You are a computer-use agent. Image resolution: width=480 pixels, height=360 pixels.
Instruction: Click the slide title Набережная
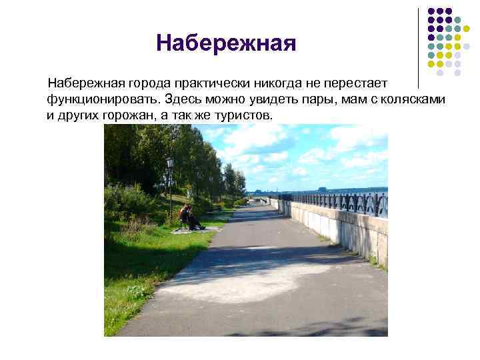[226, 44]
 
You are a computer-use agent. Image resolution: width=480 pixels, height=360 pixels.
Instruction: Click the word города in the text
[150, 84]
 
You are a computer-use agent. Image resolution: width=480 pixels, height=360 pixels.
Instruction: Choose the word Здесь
[187, 99]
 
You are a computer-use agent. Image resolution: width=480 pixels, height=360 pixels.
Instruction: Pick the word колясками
[415, 99]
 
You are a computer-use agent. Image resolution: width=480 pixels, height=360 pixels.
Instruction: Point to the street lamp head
[169, 162]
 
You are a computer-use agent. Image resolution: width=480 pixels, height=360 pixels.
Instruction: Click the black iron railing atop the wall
[347, 201]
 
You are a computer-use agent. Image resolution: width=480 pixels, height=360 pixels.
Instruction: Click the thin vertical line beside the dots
[418, 47]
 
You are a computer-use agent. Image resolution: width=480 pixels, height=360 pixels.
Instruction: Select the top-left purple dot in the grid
[431, 11]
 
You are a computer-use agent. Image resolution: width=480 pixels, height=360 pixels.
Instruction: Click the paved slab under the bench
[197, 230]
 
